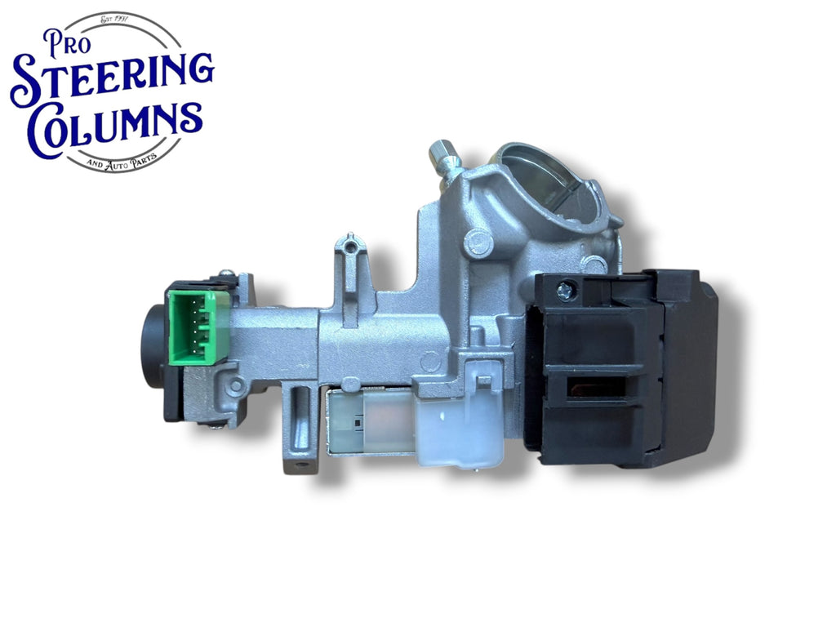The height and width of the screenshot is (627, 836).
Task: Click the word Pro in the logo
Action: [67, 42]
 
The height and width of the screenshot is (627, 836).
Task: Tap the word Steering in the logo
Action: [112, 80]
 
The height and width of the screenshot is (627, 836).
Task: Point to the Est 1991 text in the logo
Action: [118, 21]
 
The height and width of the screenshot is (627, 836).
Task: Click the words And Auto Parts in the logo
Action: [122, 162]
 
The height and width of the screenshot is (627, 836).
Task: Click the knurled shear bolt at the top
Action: [443, 158]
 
